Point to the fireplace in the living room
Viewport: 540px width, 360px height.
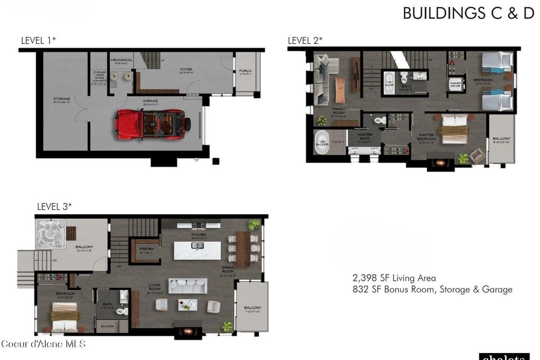coord(187,332)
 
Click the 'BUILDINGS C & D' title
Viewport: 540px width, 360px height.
coord(468,14)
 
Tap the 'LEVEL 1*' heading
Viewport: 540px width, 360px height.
coord(38,41)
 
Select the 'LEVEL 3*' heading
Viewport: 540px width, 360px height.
coord(54,207)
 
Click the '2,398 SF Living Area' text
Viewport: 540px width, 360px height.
coord(394,278)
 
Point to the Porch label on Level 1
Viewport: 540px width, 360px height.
coord(245,71)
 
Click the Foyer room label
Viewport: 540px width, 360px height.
coord(186,70)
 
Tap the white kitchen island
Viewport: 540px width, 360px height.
coord(198,249)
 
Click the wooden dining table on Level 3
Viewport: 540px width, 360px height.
coord(243,249)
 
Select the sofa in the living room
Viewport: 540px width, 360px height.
coord(187,286)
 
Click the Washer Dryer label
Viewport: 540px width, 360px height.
coord(456,84)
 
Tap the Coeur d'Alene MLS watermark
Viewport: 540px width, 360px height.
coord(43,344)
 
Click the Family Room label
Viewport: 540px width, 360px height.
coord(339,110)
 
